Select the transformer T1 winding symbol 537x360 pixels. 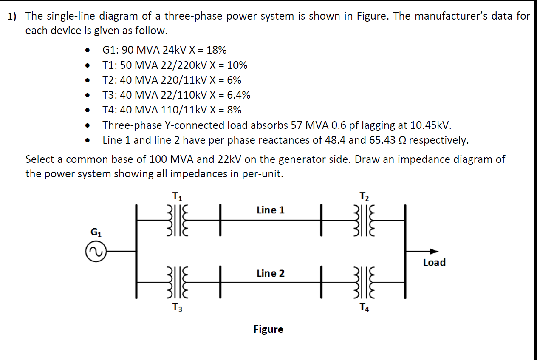(177, 220)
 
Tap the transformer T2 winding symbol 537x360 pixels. (365, 220)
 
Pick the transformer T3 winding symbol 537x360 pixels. (177, 282)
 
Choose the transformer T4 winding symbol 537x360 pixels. (365, 282)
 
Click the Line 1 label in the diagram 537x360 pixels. (271, 210)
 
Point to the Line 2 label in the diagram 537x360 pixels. (271, 273)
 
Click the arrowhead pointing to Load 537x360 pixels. (433, 251)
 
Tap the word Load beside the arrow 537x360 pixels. (434, 263)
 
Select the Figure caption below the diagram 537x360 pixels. (268, 329)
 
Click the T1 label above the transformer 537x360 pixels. (178, 196)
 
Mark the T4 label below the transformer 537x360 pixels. (365, 307)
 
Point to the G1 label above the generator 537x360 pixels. (96, 232)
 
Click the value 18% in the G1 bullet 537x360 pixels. (216, 50)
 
